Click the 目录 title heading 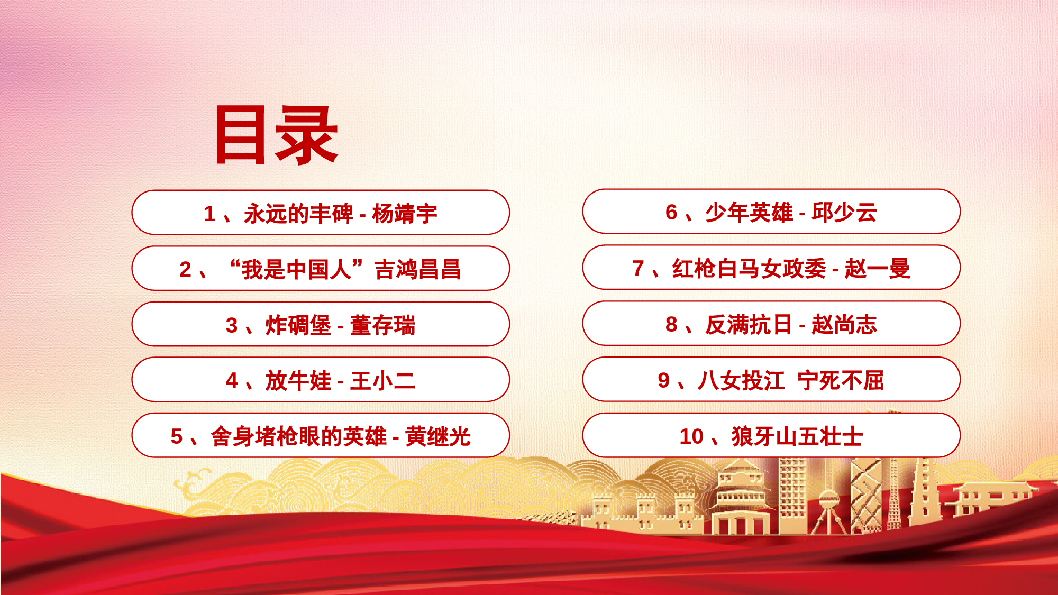pyautogui.click(x=276, y=134)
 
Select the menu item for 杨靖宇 pyautogui.click(x=321, y=213)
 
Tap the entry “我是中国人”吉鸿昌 pyautogui.click(x=321, y=268)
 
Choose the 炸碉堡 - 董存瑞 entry pyautogui.click(x=321, y=324)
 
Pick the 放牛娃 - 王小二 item pyautogui.click(x=321, y=380)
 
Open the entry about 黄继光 pyautogui.click(x=321, y=435)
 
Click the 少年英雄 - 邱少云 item pyautogui.click(x=771, y=212)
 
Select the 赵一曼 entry pyautogui.click(x=771, y=268)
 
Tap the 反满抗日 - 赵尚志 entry pyautogui.click(x=771, y=324)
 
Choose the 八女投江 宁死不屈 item pyautogui.click(x=771, y=380)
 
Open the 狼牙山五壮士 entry pyautogui.click(x=771, y=435)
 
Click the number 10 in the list pyautogui.click(x=691, y=436)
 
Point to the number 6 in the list pyautogui.click(x=671, y=212)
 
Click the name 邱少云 pyautogui.click(x=844, y=212)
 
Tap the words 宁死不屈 pyautogui.click(x=841, y=380)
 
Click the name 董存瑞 pyautogui.click(x=382, y=325)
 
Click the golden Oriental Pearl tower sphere pyautogui.click(x=828, y=499)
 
